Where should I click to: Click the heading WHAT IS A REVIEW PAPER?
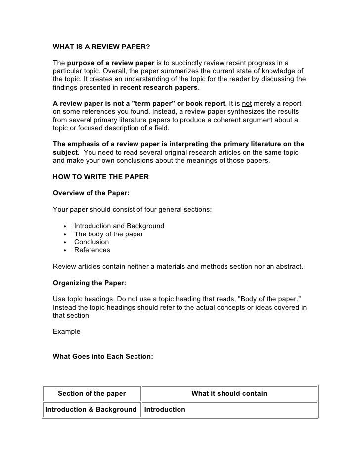point(101,47)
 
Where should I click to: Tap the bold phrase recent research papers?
point(159,87)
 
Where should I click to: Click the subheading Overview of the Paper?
point(91,193)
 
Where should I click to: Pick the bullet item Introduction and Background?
point(119,226)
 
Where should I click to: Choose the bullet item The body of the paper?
point(108,234)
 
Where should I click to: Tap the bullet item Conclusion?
point(91,242)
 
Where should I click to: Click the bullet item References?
point(92,250)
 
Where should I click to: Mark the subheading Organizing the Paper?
point(90,283)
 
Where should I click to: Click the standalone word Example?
point(66,331)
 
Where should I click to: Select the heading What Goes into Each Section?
point(104,355)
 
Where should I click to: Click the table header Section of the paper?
point(92,394)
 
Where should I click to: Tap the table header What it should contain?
point(229,394)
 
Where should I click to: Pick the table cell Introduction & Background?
point(91,410)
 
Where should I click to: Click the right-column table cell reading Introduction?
point(165,410)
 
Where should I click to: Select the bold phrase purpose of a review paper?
point(111,63)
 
